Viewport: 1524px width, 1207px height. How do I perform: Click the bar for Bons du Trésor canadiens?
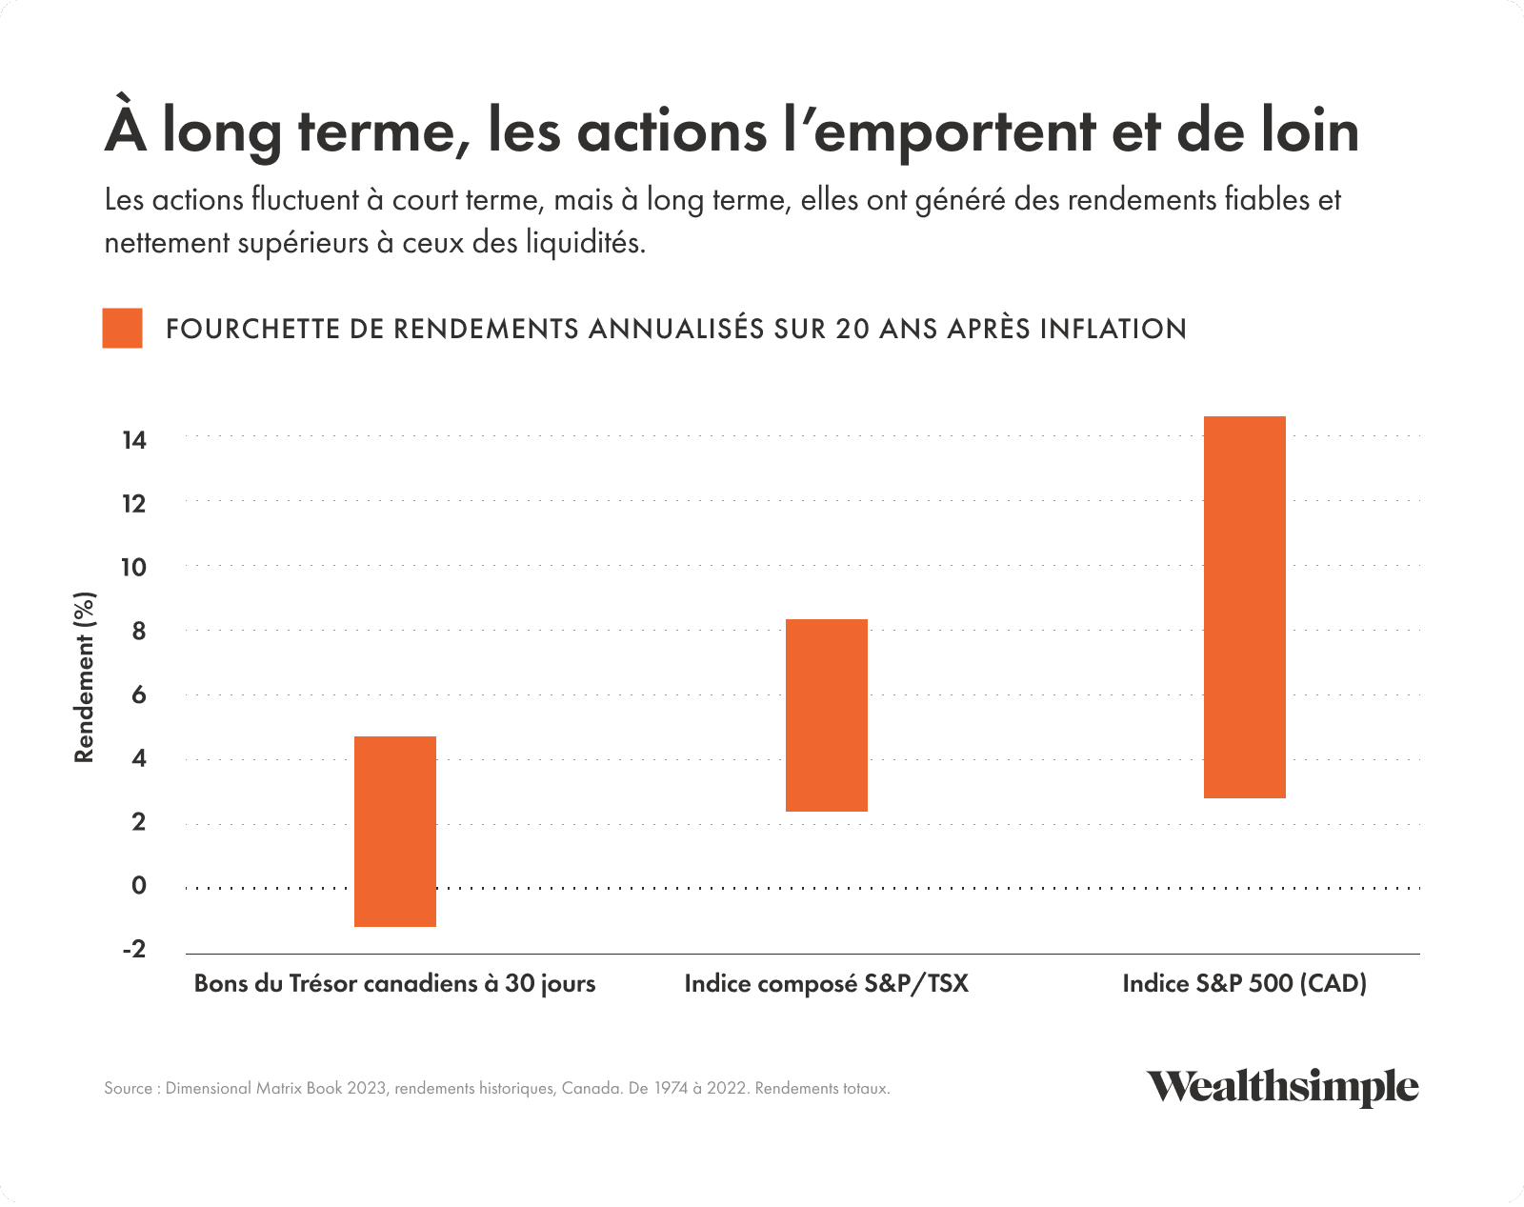click(395, 831)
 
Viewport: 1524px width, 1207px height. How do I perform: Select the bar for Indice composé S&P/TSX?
click(827, 715)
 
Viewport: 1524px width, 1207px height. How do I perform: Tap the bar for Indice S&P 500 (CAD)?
click(1245, 607)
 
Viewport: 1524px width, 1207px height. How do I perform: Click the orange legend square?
click(123, 328)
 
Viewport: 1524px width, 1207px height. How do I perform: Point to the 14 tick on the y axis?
click(134, 440)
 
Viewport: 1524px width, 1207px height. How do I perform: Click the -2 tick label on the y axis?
click(134, 950)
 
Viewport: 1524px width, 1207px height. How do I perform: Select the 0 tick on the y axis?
click(139, 886)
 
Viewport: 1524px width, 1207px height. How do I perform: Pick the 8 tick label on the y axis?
click(139, 631)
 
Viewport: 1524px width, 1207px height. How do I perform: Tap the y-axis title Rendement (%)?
click(85, 677)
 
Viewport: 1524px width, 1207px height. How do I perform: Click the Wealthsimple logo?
click(1282, 1087)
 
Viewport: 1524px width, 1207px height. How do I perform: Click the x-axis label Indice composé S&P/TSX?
click(826, 983)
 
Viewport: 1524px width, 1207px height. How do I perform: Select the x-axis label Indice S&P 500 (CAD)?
click(1244, 983)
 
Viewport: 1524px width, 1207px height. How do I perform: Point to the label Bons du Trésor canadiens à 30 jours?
click(394, 983)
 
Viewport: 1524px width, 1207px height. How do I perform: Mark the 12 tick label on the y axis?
click(134, 504)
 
